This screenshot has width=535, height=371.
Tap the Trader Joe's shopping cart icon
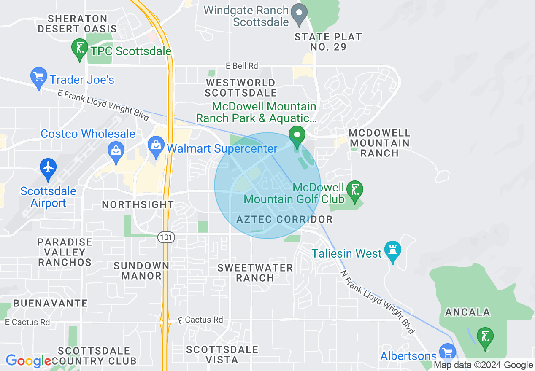coord(39,78)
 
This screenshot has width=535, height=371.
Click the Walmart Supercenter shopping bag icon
coord(156,146)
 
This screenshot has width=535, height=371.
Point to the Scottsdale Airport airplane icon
coord(49,167)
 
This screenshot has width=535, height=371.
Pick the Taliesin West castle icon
coord(393,251)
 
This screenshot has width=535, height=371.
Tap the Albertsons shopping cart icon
coord(447,352)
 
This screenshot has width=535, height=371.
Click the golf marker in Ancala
coord(485,337)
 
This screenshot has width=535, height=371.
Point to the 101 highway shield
coord(166,237)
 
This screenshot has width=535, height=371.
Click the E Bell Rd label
coord(242,66)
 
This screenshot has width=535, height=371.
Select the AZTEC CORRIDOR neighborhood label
coord(284,219)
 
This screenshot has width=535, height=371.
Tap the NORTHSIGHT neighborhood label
coord(138,205)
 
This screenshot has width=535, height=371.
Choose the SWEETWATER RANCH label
coord(255,273)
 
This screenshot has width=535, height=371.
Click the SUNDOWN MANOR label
coord(141,271)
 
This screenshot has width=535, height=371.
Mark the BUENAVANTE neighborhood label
coord(50,303)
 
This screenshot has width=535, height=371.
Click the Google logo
coord(28,361)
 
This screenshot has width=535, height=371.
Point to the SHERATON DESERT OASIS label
coord(77,24)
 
